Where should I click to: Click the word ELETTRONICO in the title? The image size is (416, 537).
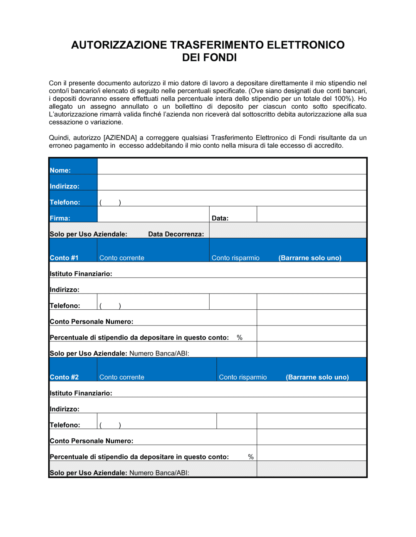coord(305,45)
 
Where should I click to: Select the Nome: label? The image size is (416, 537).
coord(60,170)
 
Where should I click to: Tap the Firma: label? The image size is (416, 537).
coord(60,218)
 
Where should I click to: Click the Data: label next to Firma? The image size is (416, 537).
coord(220,218)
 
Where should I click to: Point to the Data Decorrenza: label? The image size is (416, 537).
coord(176,234)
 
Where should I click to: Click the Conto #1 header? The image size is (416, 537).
coord(64,258)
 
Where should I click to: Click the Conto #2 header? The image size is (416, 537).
coord(64,377)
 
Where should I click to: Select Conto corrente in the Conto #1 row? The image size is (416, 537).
coord(121,258)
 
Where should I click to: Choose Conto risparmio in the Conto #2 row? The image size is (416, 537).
coord(243,377)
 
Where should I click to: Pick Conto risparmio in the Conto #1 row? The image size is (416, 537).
coord(235,258)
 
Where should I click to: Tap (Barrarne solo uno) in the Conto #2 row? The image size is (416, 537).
coord(317,377)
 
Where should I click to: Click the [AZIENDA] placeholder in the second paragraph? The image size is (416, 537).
coord(120,138)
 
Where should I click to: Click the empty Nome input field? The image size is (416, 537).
coord(232,167)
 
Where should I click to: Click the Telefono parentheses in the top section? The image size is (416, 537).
coord(110,202)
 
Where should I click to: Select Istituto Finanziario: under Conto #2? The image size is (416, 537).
coord(81,393)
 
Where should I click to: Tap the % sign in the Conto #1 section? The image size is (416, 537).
coord(240,338)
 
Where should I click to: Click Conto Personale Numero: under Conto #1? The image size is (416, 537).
coord(92,321)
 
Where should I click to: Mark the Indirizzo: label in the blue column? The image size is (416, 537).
coord(64,186)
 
